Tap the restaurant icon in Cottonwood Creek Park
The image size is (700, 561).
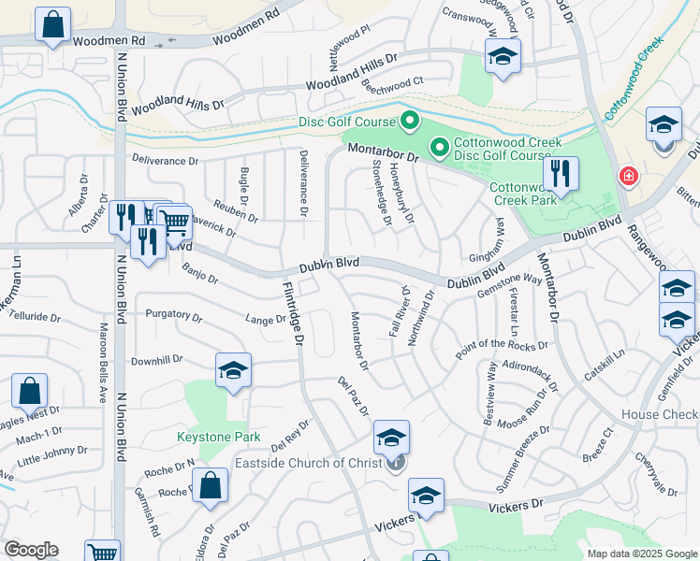tap(561, 173)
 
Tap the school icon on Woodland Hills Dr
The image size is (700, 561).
tap(503, 57)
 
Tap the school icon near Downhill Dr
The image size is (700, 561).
tap(233, 370)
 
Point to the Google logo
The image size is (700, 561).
tap(32, 551)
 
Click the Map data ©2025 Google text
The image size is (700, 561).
tap(642, 554)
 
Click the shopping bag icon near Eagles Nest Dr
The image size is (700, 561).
tap(29, 391)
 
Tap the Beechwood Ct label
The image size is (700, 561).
tap(393, 81)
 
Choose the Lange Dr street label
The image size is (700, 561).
tap(267, 320)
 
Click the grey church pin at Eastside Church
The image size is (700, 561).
tap(397, 463)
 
